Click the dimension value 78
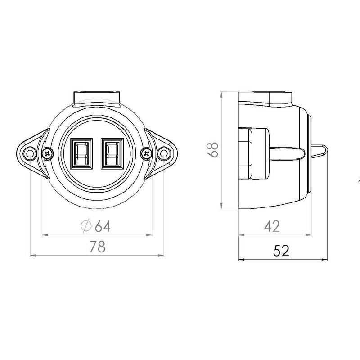pos(98,247)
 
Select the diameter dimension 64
pos(96,226)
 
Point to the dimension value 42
pos(272,226)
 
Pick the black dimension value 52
pos(281,251)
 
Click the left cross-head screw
pos(48,153)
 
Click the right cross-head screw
pos(146,153)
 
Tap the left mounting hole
pos(30,153)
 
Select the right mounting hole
pos(164,153)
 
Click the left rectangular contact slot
pos(81,153)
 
